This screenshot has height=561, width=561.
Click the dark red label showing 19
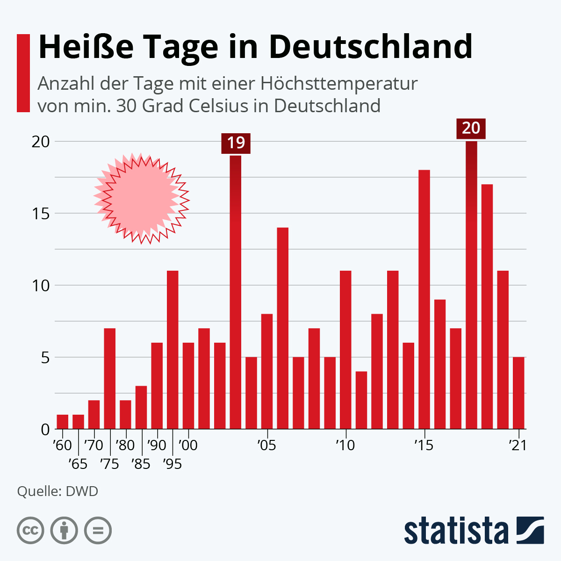click(236, 143)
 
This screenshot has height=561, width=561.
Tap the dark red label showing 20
click(471, 128)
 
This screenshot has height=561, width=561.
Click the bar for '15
click(424, 299)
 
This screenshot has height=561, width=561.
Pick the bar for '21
click(518, 393)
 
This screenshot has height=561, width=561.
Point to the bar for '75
click(110, 379)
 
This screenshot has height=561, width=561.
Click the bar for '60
click(63, 422)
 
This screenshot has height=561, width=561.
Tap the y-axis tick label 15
click(40, 214)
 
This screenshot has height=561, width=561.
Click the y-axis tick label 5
click(45, 358)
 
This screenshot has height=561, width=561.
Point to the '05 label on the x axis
click(266, 445)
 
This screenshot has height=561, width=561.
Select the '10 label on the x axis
click(345, 445)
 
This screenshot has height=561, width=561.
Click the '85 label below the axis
click(141, 464)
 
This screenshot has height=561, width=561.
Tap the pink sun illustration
click(142, 198)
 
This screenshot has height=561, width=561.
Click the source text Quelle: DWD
click(58, 491)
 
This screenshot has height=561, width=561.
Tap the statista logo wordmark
click(456, 531)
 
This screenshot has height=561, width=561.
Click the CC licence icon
click(30, 531)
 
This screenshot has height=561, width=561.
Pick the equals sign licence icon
click(98, 531)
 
